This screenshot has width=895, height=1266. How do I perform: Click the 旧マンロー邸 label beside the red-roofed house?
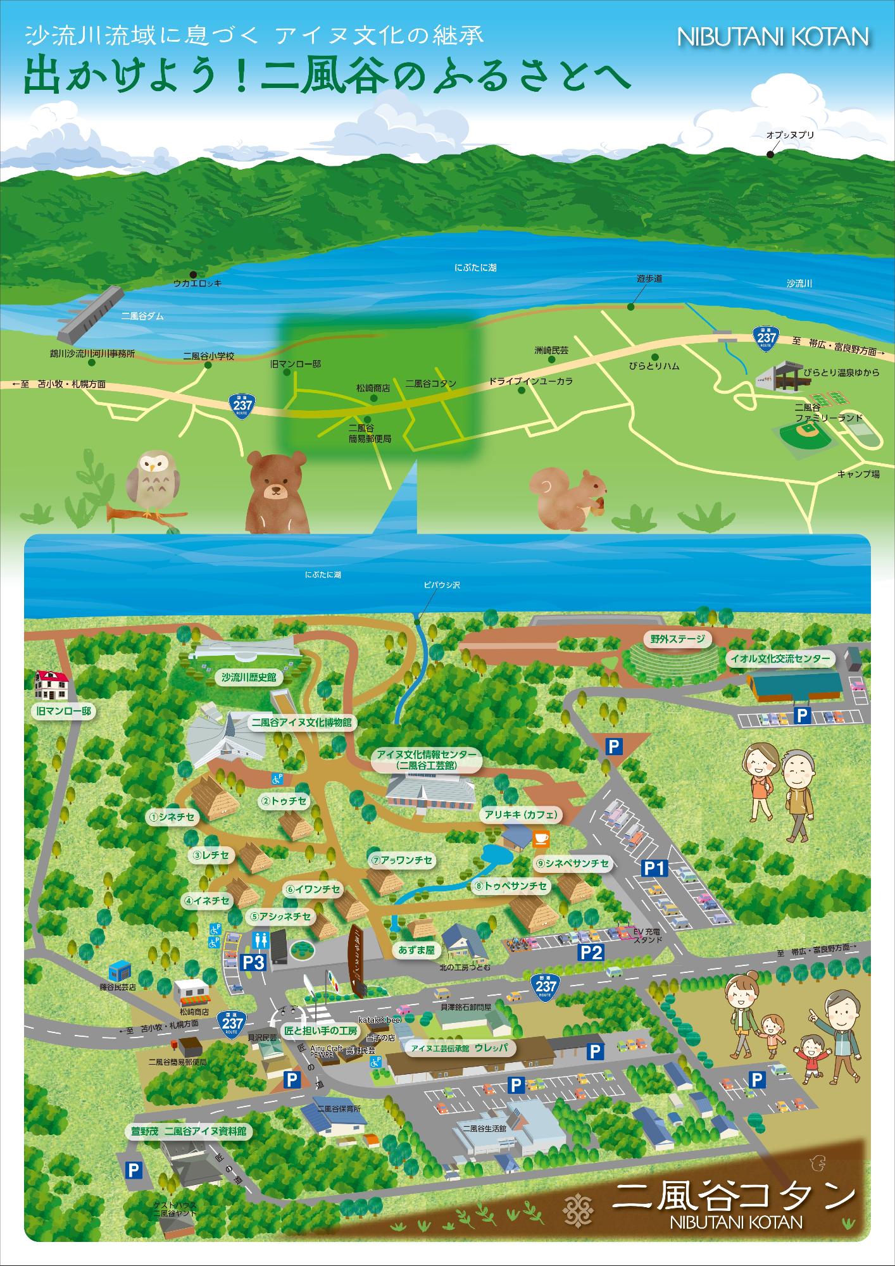[62, 711]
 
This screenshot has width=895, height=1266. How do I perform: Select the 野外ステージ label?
[677, 639]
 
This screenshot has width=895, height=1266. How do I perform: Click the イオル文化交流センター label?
[779, 659]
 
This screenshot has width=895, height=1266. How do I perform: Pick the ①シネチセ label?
[172, 817]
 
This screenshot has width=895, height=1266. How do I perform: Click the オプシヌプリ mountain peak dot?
[770, 154]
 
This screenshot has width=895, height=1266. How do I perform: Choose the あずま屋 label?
[415, 950]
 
